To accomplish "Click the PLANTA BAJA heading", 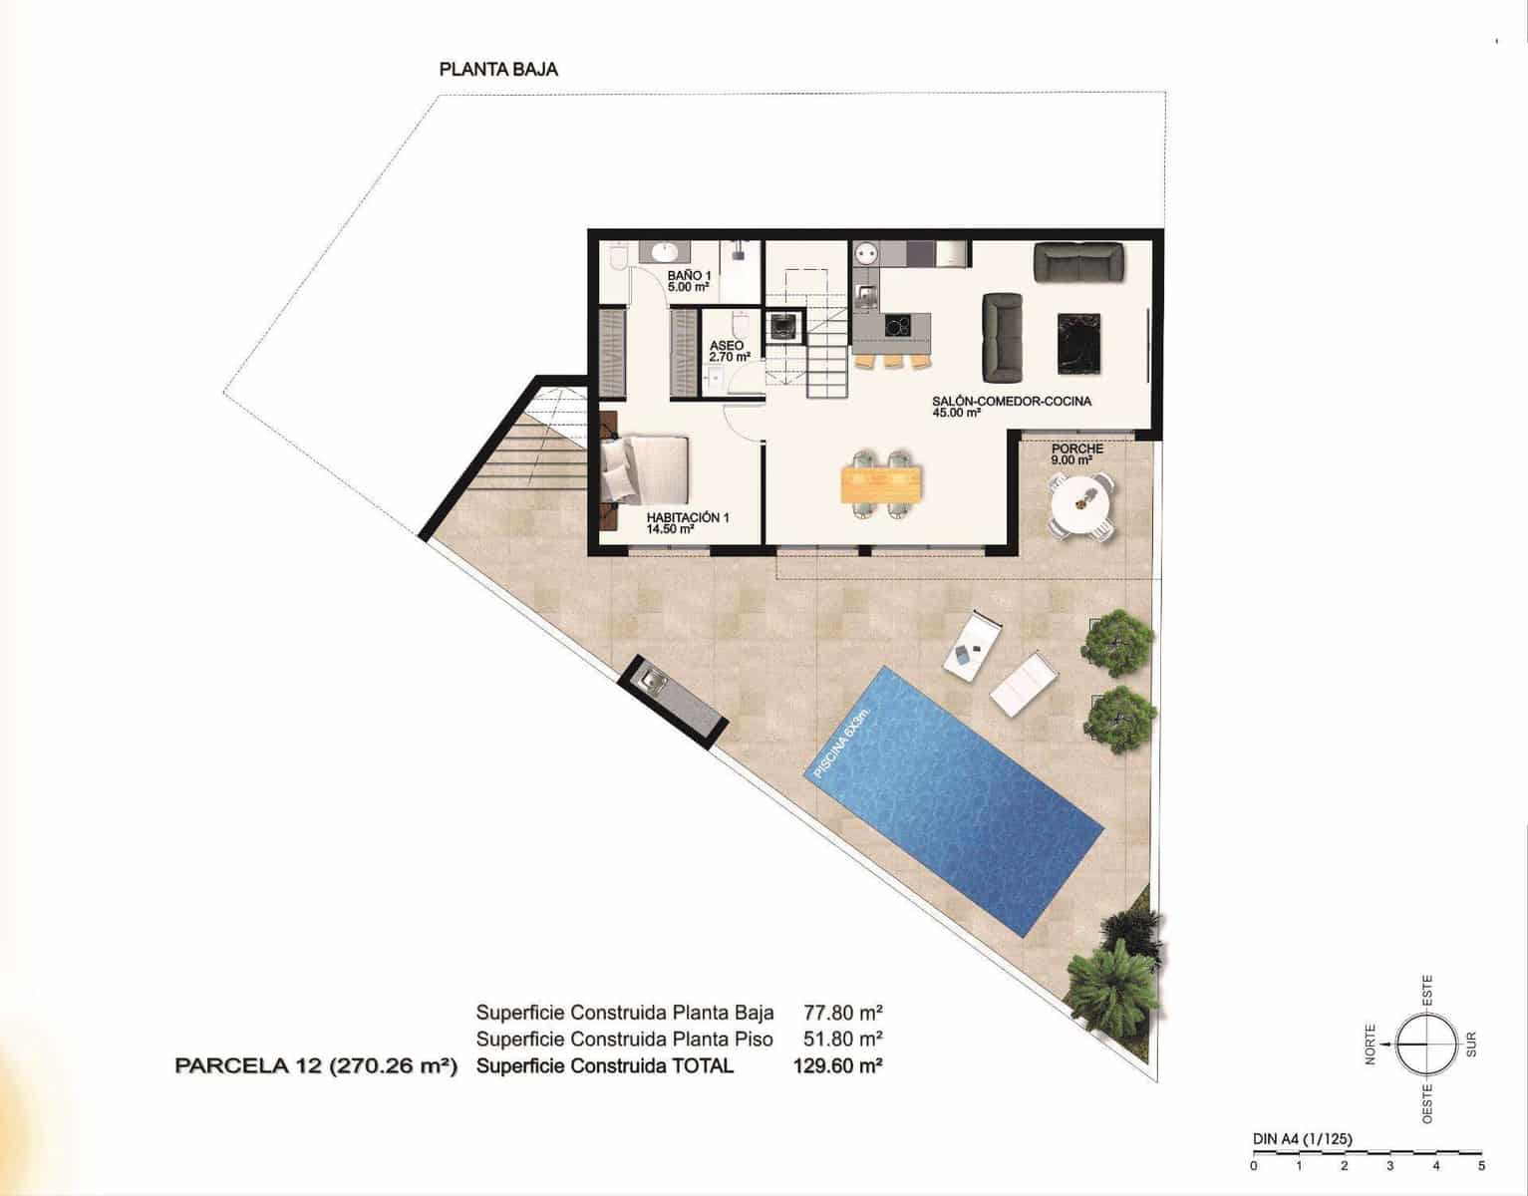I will [x=498, y=70].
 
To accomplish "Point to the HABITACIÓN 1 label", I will [x=687, y=523].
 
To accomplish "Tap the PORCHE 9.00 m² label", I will [x=1076, y=454].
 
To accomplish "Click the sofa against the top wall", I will [x=1078, y=261].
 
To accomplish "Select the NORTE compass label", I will [x=1371, y=1045].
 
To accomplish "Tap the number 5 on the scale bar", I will [x=1482, y=1165].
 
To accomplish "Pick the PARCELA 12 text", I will [x=315, y=1066].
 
